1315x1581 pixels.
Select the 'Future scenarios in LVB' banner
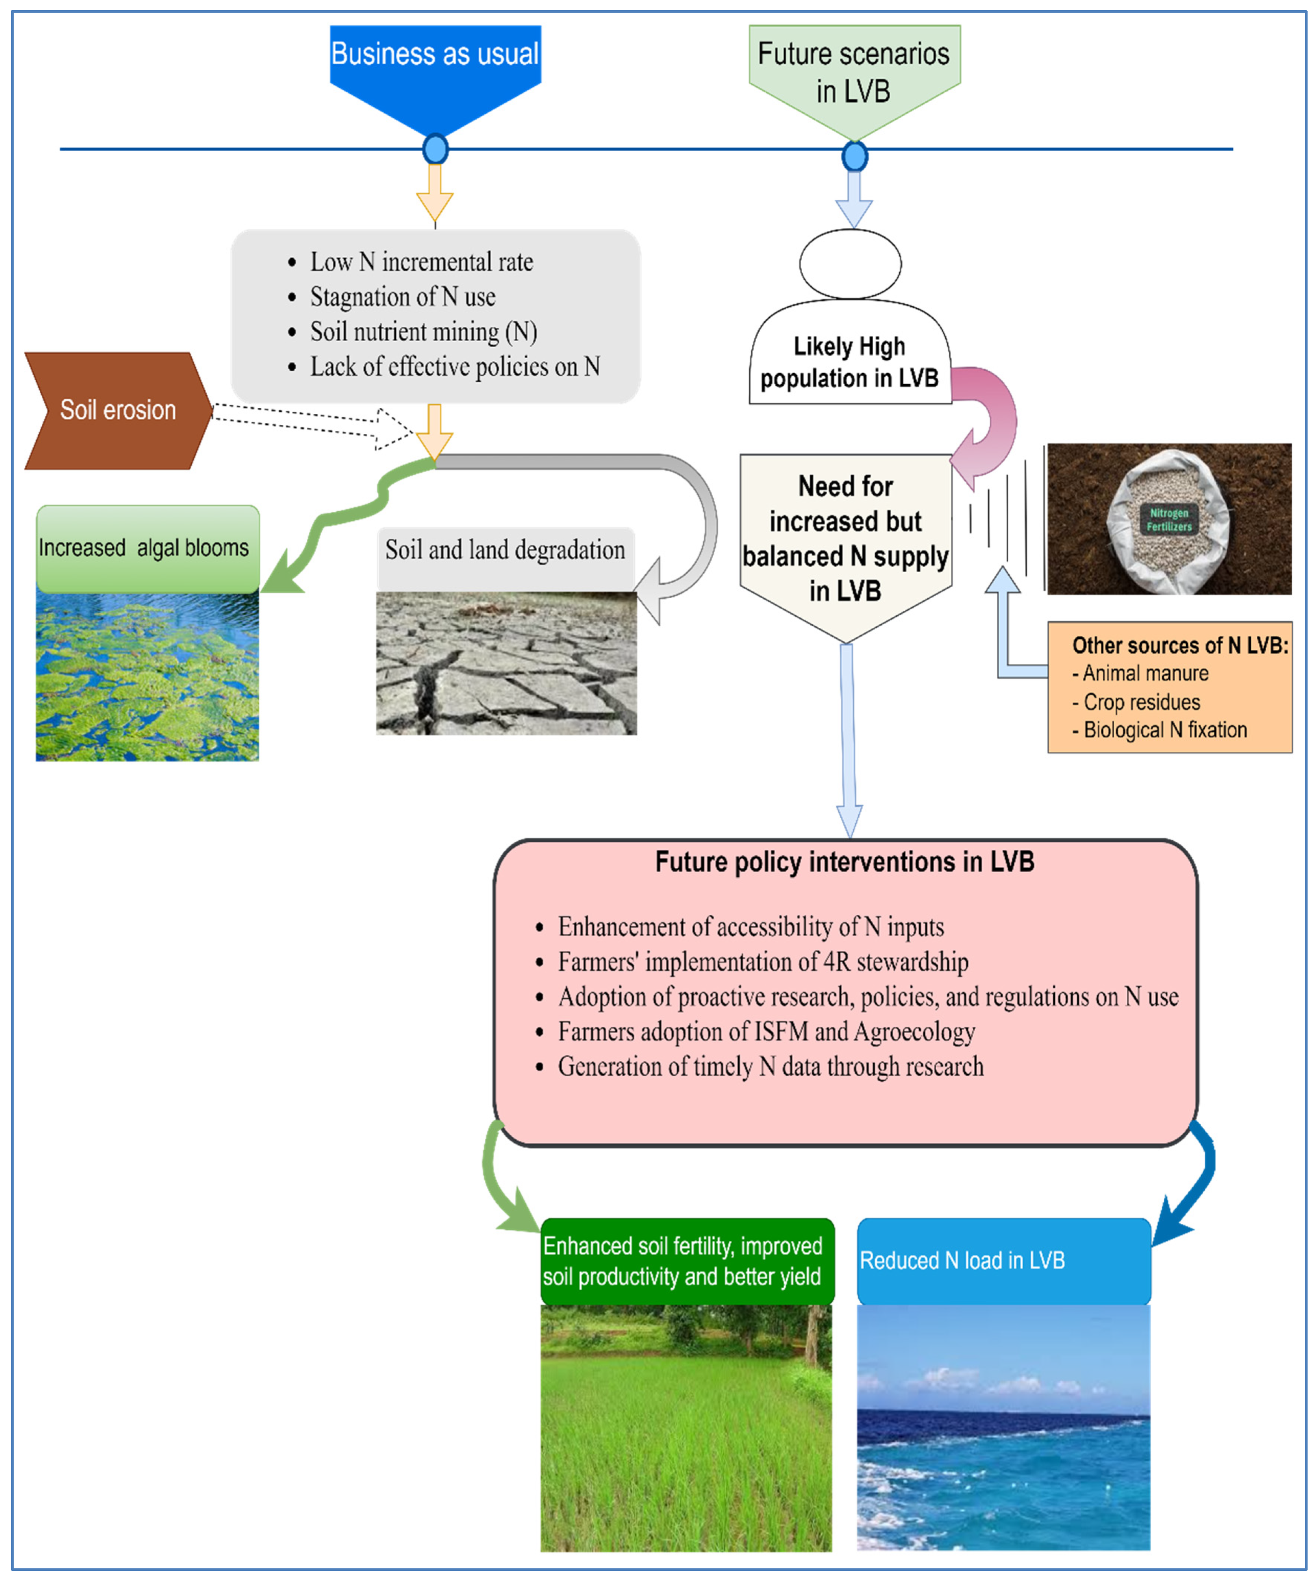[854, 72]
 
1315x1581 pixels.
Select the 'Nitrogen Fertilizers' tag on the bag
[1168, 519]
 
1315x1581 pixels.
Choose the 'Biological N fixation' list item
[1165, 730]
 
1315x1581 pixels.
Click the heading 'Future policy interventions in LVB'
[845, 862]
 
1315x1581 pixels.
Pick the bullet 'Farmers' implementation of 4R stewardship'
[762, 962]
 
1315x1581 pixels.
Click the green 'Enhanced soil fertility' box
[687, 1261]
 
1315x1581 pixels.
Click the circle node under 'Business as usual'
[435, 149]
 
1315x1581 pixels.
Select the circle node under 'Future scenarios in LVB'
[855, 157]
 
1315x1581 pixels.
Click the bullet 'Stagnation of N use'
[403, 297]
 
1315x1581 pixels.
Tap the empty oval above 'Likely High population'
[850, 263]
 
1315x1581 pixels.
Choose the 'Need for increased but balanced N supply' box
[845, 538]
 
